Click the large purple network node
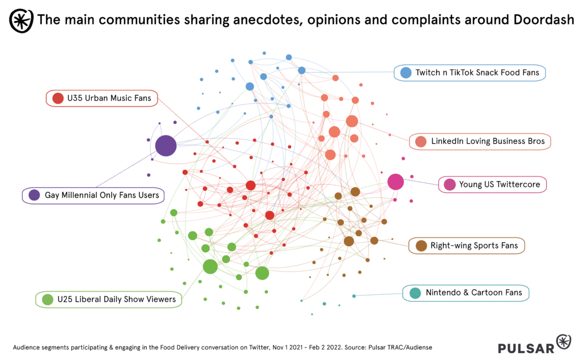(166, 145)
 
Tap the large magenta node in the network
(395, 182)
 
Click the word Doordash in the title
(544, 20)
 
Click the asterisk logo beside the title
(21, 21)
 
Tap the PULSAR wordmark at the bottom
(526, 348)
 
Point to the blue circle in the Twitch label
(406, 73)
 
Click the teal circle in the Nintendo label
(415, 293)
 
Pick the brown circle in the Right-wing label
(421, 246)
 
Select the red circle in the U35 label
(58, 98)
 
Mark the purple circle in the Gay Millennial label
(35, 195)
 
